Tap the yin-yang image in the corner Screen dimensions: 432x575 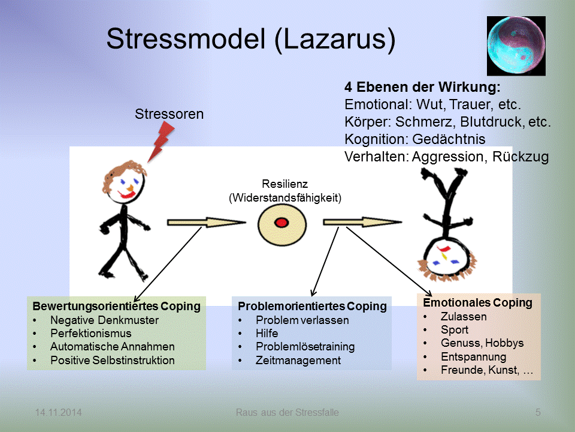(516, 46)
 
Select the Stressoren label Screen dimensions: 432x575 (169, 113)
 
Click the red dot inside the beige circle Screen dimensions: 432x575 (281, 223)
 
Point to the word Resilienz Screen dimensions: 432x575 (285, 184)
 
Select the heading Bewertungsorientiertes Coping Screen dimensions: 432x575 (116, 306)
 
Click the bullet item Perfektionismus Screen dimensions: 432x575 (90, 333)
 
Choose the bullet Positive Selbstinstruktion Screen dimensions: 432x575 (112, 361)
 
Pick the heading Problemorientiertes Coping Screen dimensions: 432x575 (312, 306)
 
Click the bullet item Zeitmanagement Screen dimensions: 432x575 (298, 361)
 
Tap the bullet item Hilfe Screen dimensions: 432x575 (267, 333)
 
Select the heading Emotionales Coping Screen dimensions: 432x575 (477, 302)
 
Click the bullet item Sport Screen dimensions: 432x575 (454, 329)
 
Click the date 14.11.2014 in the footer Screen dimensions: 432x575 (58, 412)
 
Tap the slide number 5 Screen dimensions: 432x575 (538, 412)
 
